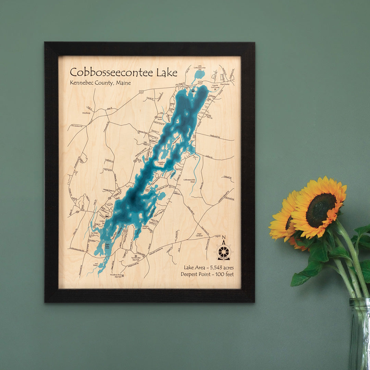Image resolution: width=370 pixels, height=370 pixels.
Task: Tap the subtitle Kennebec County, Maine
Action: tap(100, 83)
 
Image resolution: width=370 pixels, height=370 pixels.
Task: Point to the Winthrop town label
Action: tap(86, 113)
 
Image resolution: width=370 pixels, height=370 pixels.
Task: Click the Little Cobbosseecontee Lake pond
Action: tap(199, 74)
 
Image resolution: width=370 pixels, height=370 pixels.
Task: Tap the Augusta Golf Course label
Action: tap(215, 87)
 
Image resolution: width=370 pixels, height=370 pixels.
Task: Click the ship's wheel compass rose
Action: tap(223, 252)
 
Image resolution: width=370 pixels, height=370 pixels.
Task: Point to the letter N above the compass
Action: tap(224, 238)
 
